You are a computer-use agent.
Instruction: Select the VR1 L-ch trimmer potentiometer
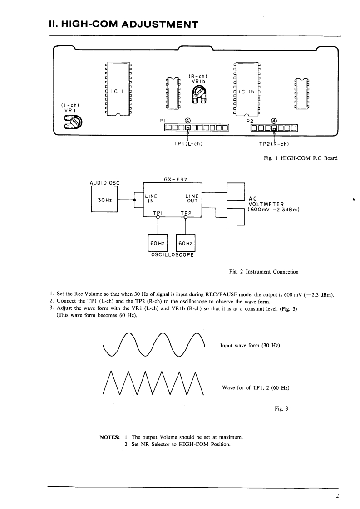tap(74, 122)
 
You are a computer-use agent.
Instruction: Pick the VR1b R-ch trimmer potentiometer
tap(198, 94)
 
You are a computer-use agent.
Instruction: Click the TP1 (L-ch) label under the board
tap(185, 144)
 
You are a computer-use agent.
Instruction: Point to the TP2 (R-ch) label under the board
tap(273, 144)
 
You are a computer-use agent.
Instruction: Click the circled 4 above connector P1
tap(187, 121)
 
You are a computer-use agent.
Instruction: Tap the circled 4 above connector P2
tap(274, 121)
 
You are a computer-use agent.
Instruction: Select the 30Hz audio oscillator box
tap(104, 200)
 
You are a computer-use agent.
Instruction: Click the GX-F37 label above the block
tap(172, 180)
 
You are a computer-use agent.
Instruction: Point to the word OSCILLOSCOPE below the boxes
tap(172, 255)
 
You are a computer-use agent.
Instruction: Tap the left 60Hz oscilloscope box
tap(157, 243)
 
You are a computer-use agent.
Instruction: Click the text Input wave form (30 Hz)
tap(250, 346)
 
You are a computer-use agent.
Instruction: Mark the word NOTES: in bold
tap(109, 437)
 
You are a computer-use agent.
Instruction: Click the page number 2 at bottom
tap(337, 496)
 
